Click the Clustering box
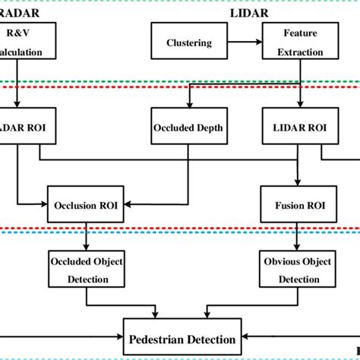(189, 43)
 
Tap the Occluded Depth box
(188, 128)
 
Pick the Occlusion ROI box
(87, 204)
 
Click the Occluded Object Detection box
(86, 270)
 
